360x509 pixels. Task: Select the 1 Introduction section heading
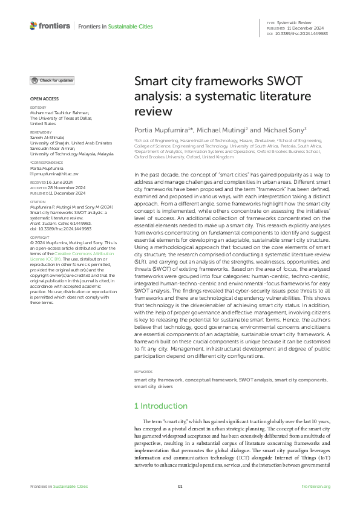161,406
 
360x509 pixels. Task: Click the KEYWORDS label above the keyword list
143,372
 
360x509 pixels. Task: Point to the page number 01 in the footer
180,485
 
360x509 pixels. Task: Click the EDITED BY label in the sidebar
39,108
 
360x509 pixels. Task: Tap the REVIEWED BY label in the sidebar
41,131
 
